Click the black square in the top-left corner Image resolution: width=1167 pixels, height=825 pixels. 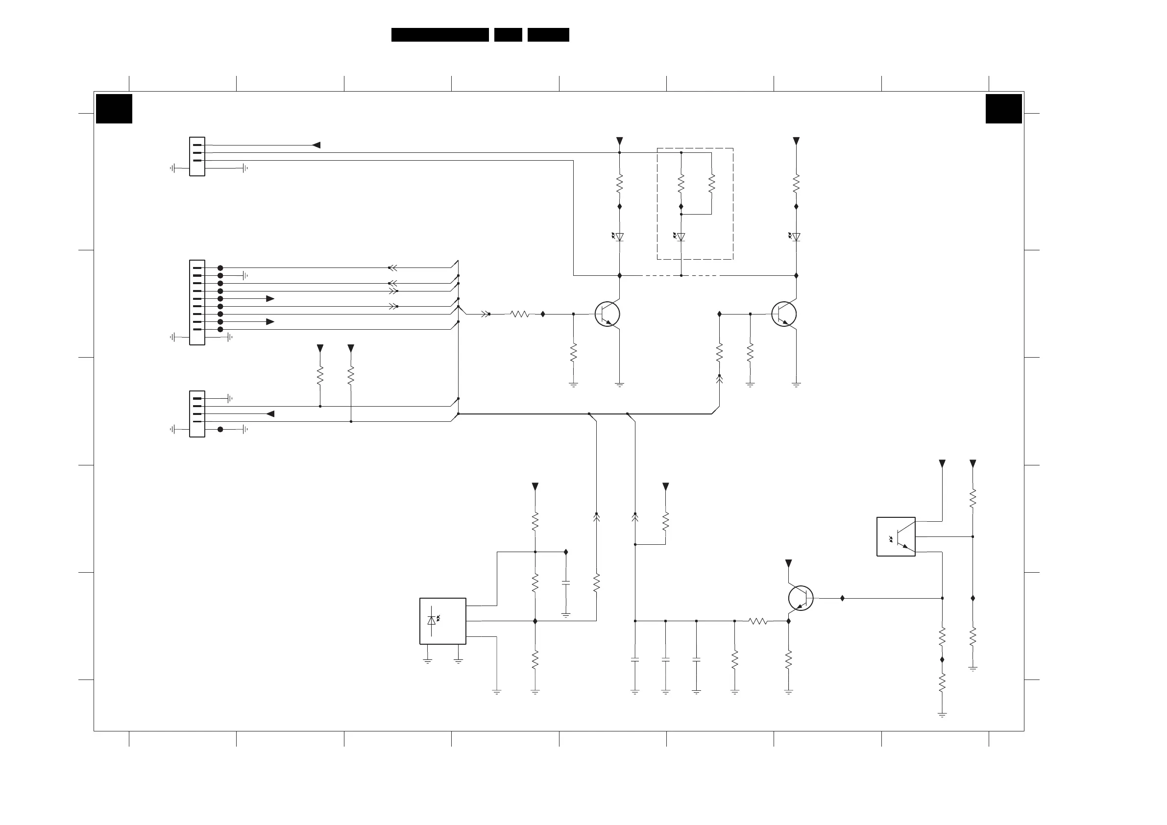click(x=114, y=108)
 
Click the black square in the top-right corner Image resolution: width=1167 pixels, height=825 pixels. click(x=1003, y=108)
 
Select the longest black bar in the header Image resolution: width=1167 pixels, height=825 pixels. click(x=439, y=35)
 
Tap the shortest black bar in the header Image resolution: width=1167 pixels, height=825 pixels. click(x=508, y=35)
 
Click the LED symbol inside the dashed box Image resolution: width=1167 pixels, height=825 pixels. click(x=681, y=237)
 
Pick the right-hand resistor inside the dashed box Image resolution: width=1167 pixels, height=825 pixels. click(x=711, y=183)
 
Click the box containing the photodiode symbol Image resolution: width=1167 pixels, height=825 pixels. click(x=443, y=621)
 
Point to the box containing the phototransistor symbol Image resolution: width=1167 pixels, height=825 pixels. click(x=896, y=536)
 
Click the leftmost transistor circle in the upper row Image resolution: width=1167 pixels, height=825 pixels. click(x=608, y=314)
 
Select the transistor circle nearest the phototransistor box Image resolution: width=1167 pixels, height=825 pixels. click(x=801, y=598)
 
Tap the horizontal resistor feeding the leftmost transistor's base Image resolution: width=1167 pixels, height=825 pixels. click(x=519, y=314)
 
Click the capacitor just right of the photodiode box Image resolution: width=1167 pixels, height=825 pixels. click(x=566, y=583)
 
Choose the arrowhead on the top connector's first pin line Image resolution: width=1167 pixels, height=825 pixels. click(x=316, y=146)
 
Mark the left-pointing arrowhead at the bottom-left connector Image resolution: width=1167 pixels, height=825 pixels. click(x=270, y=414)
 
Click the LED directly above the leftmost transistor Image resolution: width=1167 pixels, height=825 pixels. click(x=619, y=237)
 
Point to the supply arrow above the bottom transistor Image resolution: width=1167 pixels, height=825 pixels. click(x=788, y=563)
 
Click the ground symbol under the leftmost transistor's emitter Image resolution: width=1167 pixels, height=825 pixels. click(x=620, y=384)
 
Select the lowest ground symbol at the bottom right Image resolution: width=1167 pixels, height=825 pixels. click(x=942, y=715)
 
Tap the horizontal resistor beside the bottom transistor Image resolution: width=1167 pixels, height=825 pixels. click(x=758, y=621)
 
